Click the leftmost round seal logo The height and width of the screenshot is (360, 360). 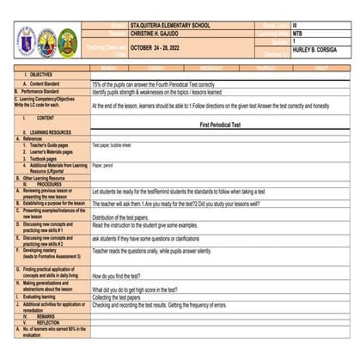26,40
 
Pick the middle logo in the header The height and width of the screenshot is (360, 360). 46,40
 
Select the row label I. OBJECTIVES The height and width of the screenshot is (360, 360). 34,75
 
